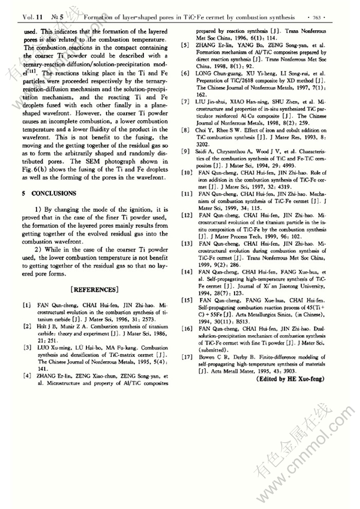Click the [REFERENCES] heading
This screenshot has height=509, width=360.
pos(93,289)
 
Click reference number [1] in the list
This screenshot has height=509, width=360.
pos(26,306)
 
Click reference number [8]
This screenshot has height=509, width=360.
pos(186,129)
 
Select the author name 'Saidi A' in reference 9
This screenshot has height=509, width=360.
pos(208,152)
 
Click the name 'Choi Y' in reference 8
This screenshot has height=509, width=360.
pos(207,129)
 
